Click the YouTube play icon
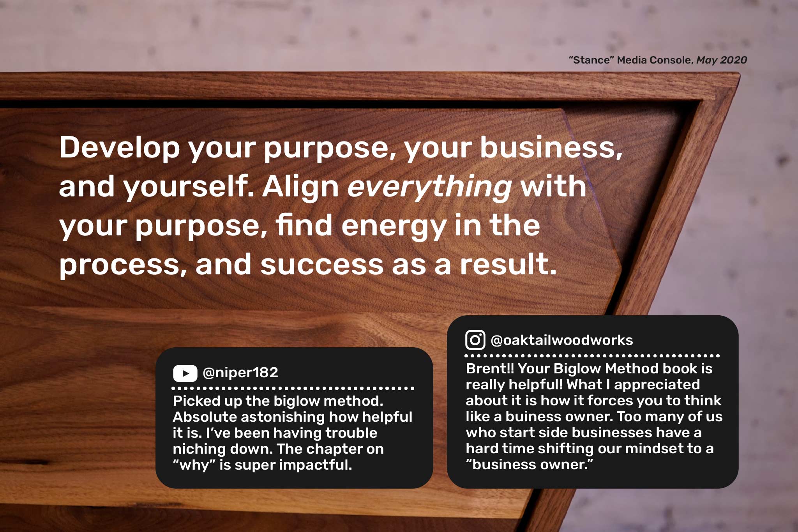pyautogui.click(x=185, y=373)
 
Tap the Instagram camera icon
pyautogui.click(x=475, y=340)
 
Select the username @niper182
pyautogui.click(x=240, y=373)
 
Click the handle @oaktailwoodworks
pyautogui.click(x=562, y=340)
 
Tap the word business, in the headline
pyautogui.click(x=551, y=147)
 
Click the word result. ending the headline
pyautogui.click(x=508, y=264)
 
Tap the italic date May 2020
pyautogui.click(x=722, y=60)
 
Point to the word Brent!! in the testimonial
pyautogui.click(x=490, y=368)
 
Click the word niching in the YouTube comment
pyautogui.click(x=199, y=449)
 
